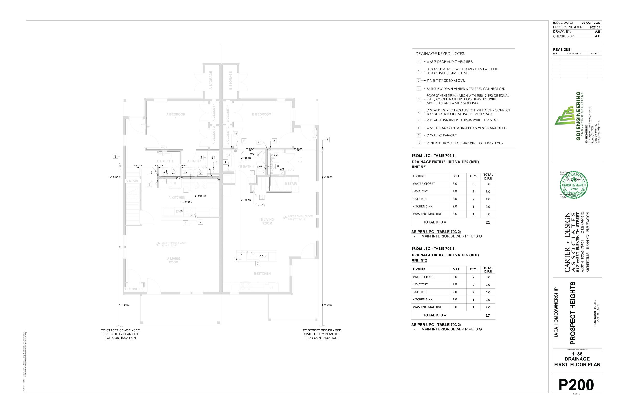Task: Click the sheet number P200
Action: pyautogui.click(x=576, y=385)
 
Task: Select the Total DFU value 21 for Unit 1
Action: pyautogui.click(x=488, y=222)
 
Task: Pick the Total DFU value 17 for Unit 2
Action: pyautogui.click(x=488, y=315)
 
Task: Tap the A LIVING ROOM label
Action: pyautogui.click(x=173, y=261)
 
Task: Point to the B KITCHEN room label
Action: pyautogui.click(x=262, y=274)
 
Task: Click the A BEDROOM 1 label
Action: pyautogui.click(x=176, y=116)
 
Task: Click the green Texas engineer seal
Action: pyautogui.click(x=574, y=185)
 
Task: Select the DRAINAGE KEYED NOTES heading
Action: pyautogui.click(x=440, y=54)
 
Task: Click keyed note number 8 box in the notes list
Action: pyautogui.click(x=419, y=128)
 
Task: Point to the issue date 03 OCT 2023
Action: pyautogui.click(x=591, y=23)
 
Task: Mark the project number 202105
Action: pyautogui.click(x=595, y=27)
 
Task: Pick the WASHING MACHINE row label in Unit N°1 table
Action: pyautogui.click(x=427, y=214)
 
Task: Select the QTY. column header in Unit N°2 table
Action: pyautogui.click(x=473, y=269)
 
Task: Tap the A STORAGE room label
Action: pyautogui.click(x=211, y=80)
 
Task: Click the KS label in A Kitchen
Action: pyautogui.click(x=181, y=211)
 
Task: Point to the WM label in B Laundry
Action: pyautogui.click(x=282, y=169)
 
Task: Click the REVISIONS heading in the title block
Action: pyautogui.click(x=562, y=50)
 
